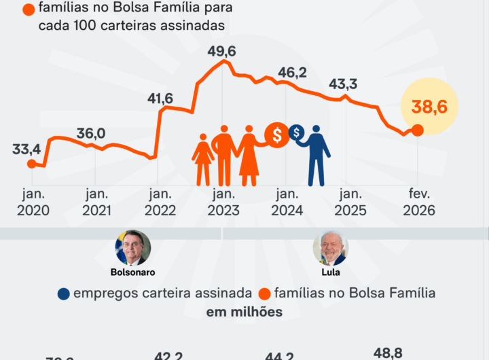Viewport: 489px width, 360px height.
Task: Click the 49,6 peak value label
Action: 223,52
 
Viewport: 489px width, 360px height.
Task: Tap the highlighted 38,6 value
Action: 434,107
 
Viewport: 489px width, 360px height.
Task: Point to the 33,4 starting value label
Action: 26,149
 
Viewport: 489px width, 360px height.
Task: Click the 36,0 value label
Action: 90,133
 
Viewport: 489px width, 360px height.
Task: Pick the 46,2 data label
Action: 293,73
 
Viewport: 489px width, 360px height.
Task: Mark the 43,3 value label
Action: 344,84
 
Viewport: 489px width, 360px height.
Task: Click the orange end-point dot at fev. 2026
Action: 418,130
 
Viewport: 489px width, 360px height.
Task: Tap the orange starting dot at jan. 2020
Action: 31,163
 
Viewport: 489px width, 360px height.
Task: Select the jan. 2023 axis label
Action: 223,203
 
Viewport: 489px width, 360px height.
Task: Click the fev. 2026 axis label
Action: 419,203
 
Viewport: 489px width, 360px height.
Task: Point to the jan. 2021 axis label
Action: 96,203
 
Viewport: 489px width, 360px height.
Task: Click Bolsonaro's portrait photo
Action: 133,247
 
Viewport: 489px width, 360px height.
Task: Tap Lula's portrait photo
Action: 331,247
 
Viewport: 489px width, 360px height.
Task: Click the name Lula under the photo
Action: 330,272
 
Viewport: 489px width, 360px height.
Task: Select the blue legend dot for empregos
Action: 64,293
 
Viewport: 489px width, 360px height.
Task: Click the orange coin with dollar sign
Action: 277,134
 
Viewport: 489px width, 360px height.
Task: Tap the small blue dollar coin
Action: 297,132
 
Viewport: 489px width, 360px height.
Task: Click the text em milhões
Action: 244,312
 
